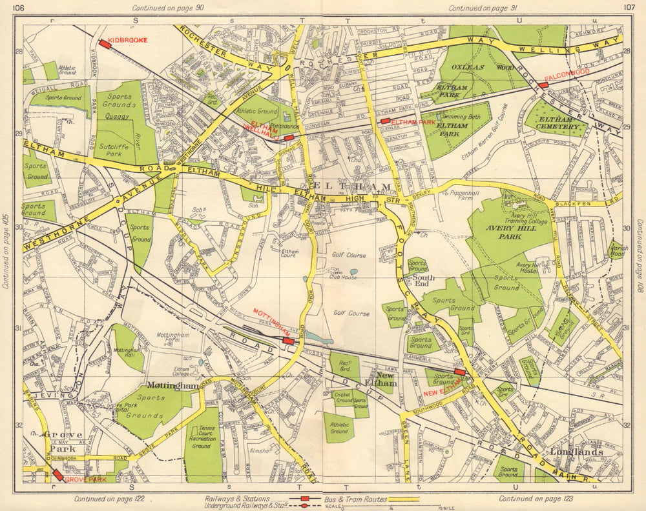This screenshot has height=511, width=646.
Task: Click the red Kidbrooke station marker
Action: tap(105, 44)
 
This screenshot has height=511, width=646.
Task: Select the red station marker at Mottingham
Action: tap(288, 341)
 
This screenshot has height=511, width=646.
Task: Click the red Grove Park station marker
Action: tap(58, 475)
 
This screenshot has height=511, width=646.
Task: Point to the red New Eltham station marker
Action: tap(460, 372)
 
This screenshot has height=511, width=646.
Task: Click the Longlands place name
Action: tap(576, 452)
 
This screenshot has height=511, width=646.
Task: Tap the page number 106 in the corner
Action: tap(19, 8)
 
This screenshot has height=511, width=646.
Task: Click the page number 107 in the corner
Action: tap(629, 8)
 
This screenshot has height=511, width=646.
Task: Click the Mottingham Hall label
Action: tap(127, 354)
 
